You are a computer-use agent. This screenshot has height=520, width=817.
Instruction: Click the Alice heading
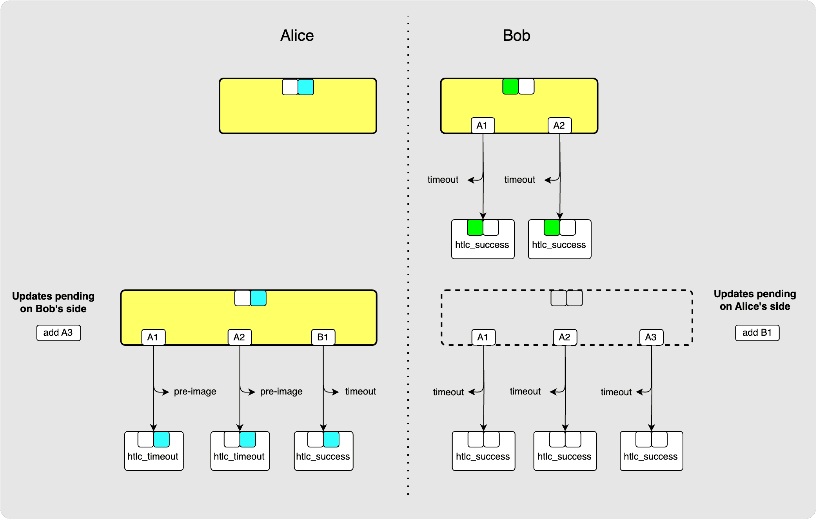pos(297,36)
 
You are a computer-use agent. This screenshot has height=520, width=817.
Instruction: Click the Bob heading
pos(516,36)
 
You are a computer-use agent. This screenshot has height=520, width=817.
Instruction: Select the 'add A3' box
pos(58,333)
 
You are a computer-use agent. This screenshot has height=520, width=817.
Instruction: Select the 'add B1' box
pos(757,333)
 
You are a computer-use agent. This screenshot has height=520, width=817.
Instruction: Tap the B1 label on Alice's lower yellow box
pos(323,337)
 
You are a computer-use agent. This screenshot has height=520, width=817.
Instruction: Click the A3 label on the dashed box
pos(651,337)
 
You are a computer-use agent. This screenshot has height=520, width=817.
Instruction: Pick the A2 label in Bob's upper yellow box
pos(559,125)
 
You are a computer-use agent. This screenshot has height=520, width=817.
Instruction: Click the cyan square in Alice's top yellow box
pos(306,87)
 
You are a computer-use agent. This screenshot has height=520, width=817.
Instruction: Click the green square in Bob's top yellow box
pos(510,86)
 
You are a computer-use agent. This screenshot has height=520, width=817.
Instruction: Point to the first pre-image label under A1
pos(195,391)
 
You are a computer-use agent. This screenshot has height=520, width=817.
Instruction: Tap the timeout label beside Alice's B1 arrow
pos(360,391)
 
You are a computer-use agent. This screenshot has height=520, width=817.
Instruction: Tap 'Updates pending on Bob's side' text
pos(53,302)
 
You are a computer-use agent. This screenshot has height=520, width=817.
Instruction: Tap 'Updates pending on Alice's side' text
pos(755,300)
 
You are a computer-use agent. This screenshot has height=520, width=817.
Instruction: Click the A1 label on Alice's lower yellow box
pos(153,337)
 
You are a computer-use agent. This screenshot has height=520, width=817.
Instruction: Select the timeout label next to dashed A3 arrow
pos(616,392)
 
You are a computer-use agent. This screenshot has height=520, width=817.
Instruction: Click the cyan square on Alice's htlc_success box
pos(331,439)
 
